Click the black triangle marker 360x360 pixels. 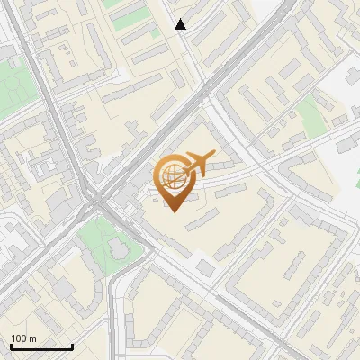(x=181, y=24)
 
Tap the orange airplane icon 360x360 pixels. (x=199, y=164)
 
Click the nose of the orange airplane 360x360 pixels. (x=212, y=154)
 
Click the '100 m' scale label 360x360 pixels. (x=24, y=338)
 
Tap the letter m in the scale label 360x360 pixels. (x=33, y=338)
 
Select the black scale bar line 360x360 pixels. (x=41, y=347)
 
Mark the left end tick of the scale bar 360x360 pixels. (x=11, y=346)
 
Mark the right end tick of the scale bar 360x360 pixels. (x=72, y=346)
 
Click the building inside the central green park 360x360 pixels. (x=119, y=247)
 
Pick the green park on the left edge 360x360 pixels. (x=11, y=85)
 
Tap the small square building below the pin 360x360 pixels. (x=206, y=267)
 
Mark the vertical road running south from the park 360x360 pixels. (x=114, y=315)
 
